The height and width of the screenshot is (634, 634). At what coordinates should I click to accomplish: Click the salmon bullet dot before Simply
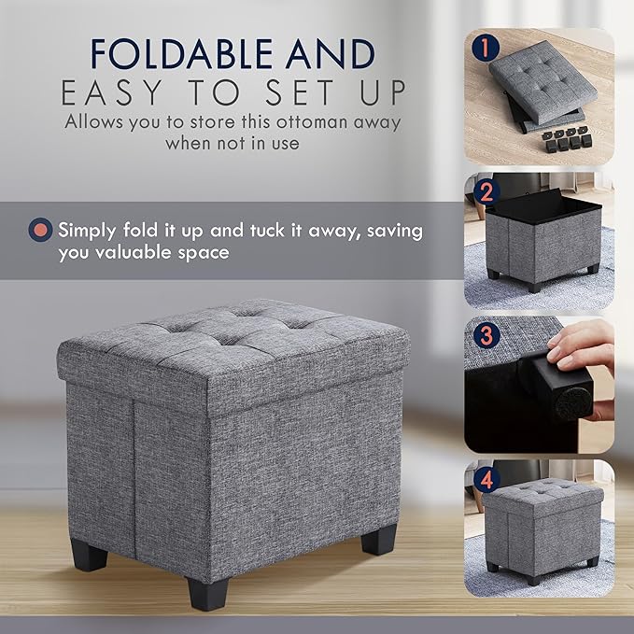pyautogui.click(x=41, y=230)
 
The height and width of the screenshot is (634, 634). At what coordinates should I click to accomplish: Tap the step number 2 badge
pyautogui.click(x=482, y=192)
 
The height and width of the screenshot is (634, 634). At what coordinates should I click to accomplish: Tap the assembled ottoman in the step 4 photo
pyautogui.click(x=542, y=528)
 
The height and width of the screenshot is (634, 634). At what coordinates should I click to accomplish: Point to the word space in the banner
pyautogui.click(x=204, y=252)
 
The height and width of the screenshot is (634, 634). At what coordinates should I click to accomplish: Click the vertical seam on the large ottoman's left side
pyautogui.click(x=134, y=486)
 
